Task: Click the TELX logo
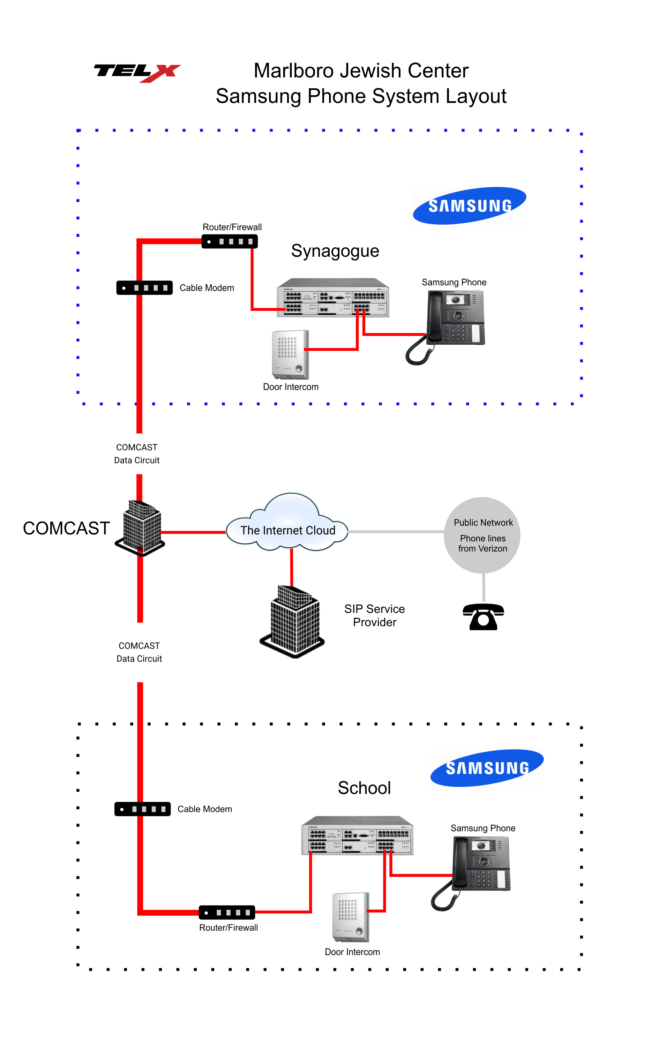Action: click(137, 72)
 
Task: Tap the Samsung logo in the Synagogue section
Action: click(470, 207)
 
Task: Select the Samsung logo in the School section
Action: click(487, 769)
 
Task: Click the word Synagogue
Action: click(335, 251)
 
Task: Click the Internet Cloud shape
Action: click(288, 525)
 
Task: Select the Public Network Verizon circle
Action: click(482, 535)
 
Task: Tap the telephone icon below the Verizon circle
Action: click(483, 617)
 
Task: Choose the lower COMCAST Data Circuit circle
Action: click(142, 652)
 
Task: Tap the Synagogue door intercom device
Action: click(290, 355)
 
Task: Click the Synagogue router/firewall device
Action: click(230, 242)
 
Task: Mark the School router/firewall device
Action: click(227, 913)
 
